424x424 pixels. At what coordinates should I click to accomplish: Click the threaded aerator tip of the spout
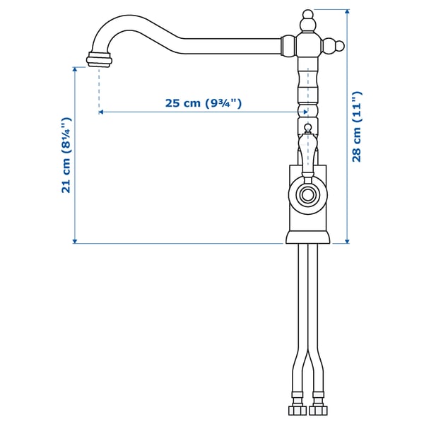pyautogui.click(x=99, y=60)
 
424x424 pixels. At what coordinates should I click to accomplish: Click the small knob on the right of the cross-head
pyautogui.click(x=341, y=47)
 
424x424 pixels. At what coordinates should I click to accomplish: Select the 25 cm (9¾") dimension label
pyautogui.click(x=204, y=103)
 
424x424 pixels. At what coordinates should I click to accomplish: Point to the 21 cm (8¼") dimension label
pyautogui.click(x=65, y=155)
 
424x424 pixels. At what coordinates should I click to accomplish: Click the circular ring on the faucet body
pyautogui.click(x=307, y=194)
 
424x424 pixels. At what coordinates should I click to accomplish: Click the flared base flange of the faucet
pyautogui.click(x=307, y=237)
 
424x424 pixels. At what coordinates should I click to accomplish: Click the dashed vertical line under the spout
pyautogui.click(x=99, y=88)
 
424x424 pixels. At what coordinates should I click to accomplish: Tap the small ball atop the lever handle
pyautogui.click(x=307, y=129)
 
